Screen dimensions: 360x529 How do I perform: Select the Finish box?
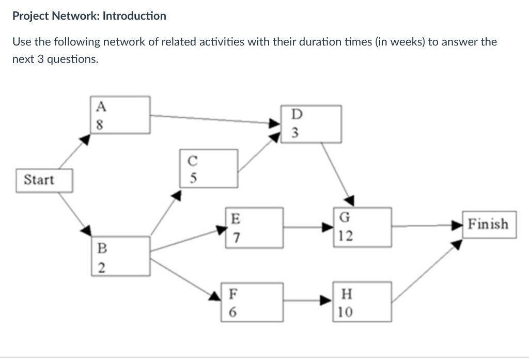click(489, 224)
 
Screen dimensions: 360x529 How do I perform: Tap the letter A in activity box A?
click(101, 107)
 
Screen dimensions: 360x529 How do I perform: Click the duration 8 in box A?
click(101, 124)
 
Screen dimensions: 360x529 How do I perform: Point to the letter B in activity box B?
click(102, 248)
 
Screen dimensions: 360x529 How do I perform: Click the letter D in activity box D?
click(295, 114)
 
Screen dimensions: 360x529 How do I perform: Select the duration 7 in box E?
click(235, 237)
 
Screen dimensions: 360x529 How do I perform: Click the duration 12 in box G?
click(346, 237)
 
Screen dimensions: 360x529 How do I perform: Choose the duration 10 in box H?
click(346, 312)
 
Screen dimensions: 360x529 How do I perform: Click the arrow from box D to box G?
click(337, 173)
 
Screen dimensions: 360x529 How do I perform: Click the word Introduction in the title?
click(134, 16)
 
